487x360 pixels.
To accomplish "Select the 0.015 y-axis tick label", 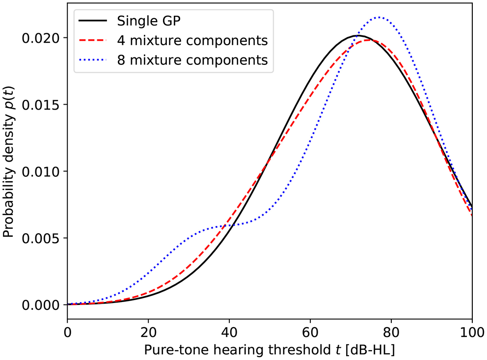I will (x=43, y=105).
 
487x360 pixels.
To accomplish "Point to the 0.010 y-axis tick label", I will (x=43, y=171).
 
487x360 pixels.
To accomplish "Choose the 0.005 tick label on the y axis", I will (x=43, y=238).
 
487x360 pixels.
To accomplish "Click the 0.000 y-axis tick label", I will (x=43, y=305).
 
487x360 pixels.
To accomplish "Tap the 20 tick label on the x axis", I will (x=148, y=332).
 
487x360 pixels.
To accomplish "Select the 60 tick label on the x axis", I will (x=310, y=332).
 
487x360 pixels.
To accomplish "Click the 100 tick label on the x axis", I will (x=471, y=332).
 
